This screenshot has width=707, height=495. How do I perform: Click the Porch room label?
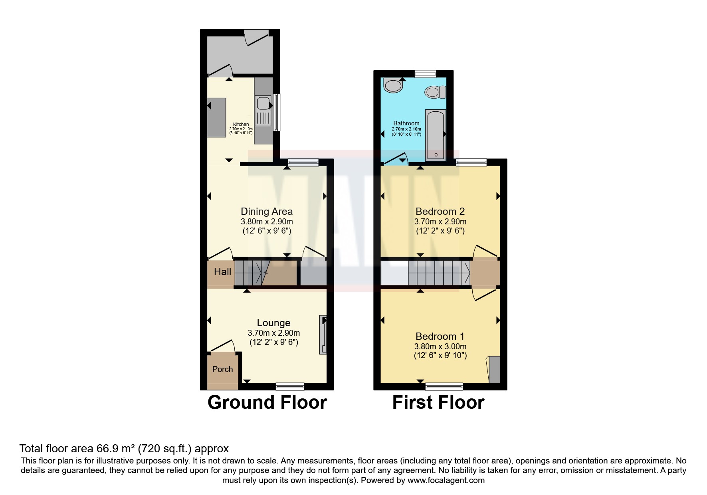pos(222,369)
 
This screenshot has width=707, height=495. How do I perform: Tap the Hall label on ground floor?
pos(222,272)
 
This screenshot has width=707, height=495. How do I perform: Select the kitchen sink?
pos(263,104)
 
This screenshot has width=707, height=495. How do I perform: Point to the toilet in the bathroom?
pos(435,93)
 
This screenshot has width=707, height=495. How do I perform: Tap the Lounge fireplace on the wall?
pos(323,335)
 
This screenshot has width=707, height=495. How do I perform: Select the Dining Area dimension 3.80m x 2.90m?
pos(267,222)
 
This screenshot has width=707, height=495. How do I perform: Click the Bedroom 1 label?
pos(440,336)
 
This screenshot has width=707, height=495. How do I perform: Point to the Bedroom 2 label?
pos(440,211)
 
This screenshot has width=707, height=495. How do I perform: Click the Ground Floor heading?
pos(267,402)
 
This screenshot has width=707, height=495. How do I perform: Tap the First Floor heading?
pos(438,402)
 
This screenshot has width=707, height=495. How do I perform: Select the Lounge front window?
pos(290,386)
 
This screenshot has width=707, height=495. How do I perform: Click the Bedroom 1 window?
pos(444,386)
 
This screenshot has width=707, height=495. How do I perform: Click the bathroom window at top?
pos(425,74)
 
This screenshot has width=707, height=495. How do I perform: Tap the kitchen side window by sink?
pos(276,112)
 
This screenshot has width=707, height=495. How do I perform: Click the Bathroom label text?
pos(406,123)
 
